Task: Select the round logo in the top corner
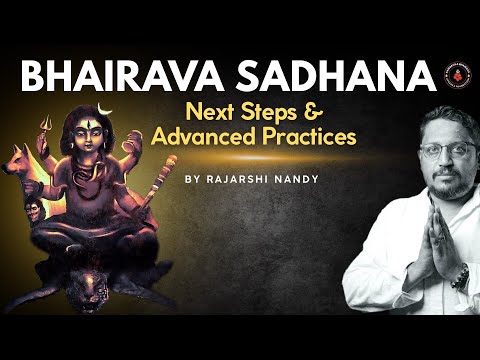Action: (455, 73)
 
